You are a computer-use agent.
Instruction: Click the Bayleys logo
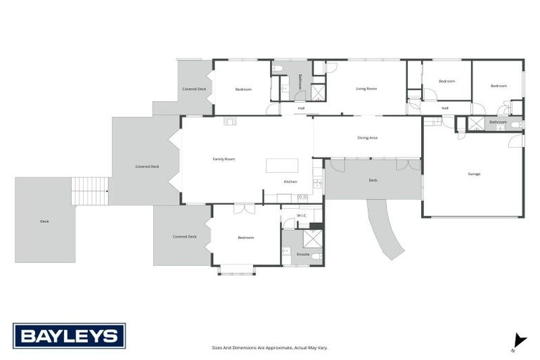click(69, 336)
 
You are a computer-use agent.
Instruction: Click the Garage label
click(474, 174)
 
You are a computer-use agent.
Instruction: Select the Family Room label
click(224, 160)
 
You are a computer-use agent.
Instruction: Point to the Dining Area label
click(368, 138)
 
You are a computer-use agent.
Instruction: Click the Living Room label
click(366, 89)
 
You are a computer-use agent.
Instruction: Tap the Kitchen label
click(290, 182)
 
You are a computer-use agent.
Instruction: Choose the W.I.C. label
click(301, 216)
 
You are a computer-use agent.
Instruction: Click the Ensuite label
click(303, 254)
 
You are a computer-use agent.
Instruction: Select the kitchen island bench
click(281, 166)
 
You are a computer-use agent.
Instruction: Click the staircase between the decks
click(91, 190)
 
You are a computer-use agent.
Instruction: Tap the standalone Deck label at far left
click(44, 221)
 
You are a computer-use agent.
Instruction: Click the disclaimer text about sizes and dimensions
click(270, 347)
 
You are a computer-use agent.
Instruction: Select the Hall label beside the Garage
click(445, 108)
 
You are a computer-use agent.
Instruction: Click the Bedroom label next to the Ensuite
click(245, 238)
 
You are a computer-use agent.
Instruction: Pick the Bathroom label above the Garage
click(498, 122)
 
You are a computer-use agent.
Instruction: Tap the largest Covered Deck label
click(147, 167)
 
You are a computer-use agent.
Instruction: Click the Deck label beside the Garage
click(373, 181)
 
